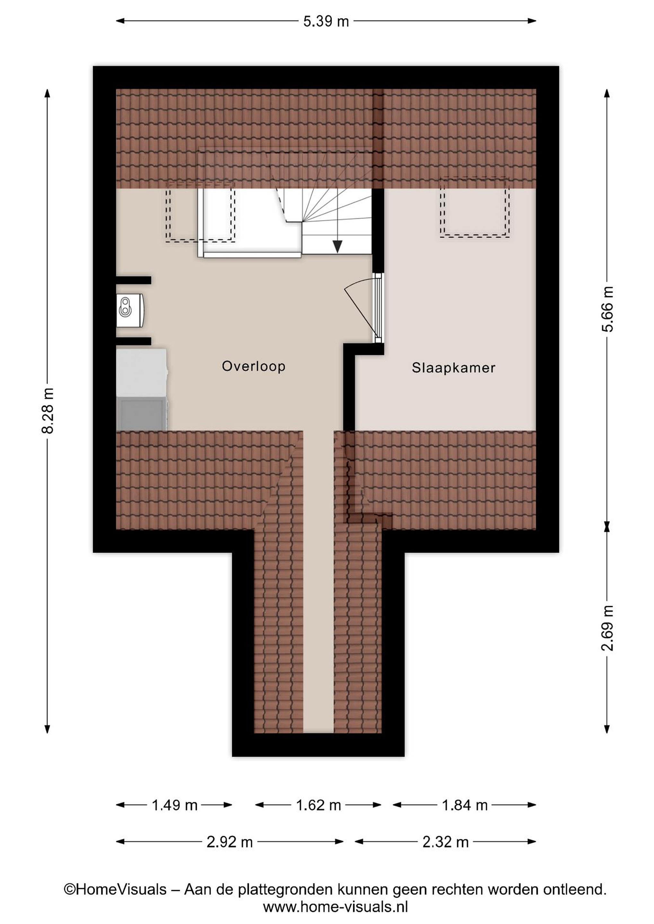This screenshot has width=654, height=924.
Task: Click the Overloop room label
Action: [x=254, y=366]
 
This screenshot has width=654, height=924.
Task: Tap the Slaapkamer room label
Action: [x=453, y=368]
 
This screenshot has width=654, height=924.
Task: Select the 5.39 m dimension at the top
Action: [x=326, y=21]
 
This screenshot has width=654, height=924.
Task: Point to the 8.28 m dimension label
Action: [x=48, y=411]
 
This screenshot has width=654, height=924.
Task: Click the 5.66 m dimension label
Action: [x=607, y=309]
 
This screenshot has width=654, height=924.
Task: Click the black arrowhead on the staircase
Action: [x=337, y=247]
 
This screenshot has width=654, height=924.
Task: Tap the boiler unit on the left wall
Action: [x=130, y=310]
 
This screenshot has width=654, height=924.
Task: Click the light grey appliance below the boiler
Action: [x=142, y=373]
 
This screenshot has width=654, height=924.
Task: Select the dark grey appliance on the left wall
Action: [x=142, y=414]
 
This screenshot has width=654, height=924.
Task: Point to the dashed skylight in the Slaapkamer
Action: [x=475, y=207]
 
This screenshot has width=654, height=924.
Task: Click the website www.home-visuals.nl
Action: [x=336, y=907]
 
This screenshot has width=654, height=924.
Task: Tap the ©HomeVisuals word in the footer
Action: [x=115, y=889]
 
